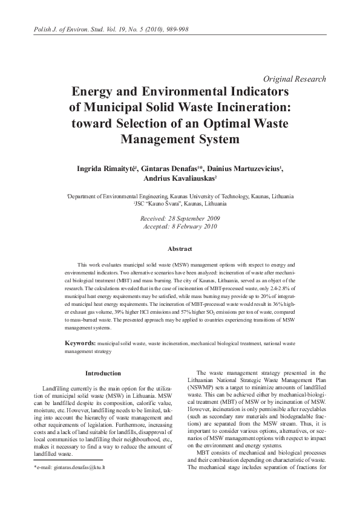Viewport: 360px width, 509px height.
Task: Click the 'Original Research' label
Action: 296,79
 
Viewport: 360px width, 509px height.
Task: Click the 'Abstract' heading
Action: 180,249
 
